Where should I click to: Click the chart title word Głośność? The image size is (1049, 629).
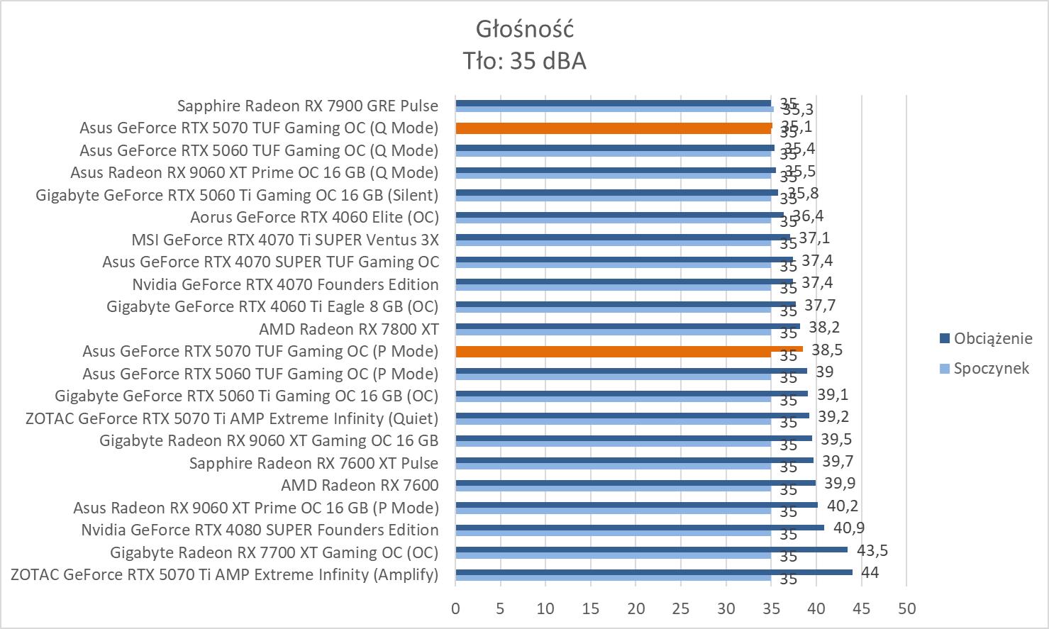click(524, 29)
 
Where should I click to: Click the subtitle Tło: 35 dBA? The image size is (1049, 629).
click(524, 61)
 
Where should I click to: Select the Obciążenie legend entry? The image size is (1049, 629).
click(993, 338)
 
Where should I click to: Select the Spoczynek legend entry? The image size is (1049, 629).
click(991, 368)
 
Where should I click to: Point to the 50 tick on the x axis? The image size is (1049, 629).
click(906, 608)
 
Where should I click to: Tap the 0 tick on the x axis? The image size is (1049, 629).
click(455, 608)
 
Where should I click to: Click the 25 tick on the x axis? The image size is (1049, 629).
click(681, 608)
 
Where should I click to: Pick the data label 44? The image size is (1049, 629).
click(870, 572)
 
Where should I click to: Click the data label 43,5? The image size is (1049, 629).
click(872, 550)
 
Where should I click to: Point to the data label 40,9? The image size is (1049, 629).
click(848, 528)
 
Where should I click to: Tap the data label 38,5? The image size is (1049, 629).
click(827, 350)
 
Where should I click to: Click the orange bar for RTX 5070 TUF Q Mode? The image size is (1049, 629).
click(614, 128)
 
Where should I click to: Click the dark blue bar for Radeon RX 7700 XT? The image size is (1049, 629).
click(651, 550)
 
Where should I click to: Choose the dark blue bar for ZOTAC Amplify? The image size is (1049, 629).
click(653, 572)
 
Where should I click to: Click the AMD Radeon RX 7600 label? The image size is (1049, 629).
click(360, 485)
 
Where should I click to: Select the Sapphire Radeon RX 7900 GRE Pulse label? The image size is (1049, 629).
click(308, 106)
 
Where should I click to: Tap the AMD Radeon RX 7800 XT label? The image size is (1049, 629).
click(348, 329)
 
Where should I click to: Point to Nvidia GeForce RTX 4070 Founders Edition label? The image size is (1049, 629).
click(285, 284)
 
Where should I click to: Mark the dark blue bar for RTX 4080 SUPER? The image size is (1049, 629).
click(640, 527)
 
